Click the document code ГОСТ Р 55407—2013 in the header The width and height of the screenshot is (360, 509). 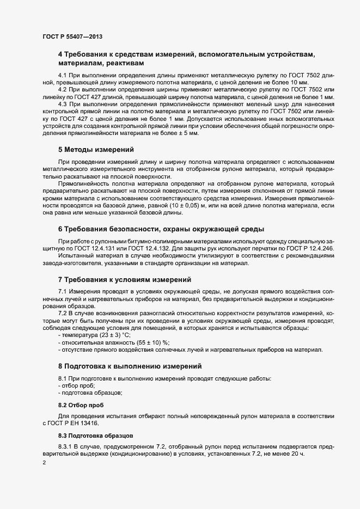click(x=72, y=36)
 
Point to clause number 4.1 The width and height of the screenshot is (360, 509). click(x=63, y=75)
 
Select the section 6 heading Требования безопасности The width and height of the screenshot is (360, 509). click(x=161, y=228)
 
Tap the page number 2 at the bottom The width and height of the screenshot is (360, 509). click(x=44, y=463)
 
